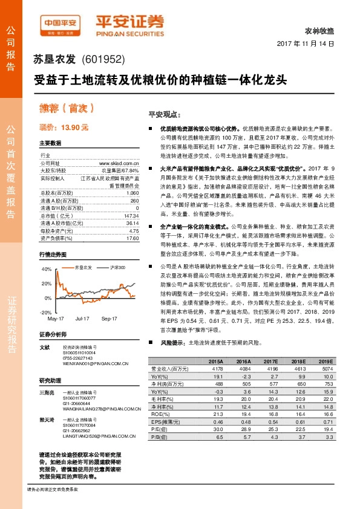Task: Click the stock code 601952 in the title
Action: tap(107, 60)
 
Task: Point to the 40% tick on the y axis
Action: tap(47, 268)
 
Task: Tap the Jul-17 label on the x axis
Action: tap(82, 317)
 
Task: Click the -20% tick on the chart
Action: tap(46, 312)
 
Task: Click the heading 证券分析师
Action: tap(53, 334)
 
